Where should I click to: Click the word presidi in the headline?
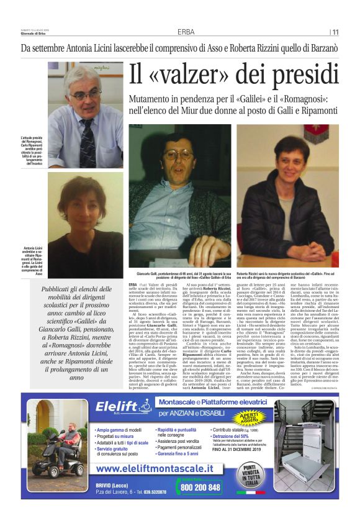[297, 76]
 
